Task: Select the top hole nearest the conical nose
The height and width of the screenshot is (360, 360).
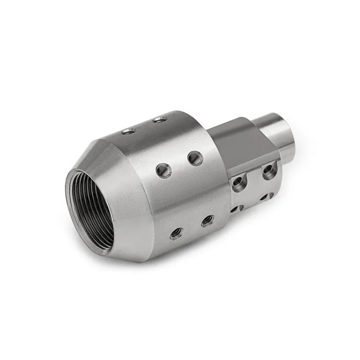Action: pyautogui.click(x=129, y=131)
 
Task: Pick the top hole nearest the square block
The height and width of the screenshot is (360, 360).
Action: pyautogui.click(x=160, y=119)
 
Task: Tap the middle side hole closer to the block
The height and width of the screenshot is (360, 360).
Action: pyautogui.click(x=195, y=158)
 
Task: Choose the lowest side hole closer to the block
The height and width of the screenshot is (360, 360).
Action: pyautogui.click(x=207, y=221)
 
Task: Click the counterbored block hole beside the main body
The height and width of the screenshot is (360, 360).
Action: pyautogui.click(x=238, y=182)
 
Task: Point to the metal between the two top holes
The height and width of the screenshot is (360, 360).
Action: pyautogui.click(x=145, y=125)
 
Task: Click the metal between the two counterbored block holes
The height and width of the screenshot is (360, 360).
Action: pyautogui.click(x=253, y=177)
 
